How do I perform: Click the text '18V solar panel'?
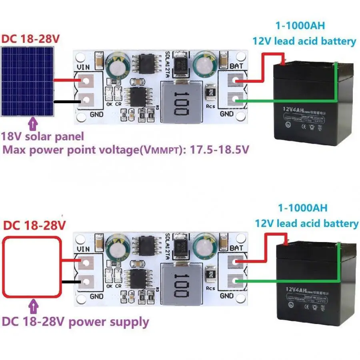coord(43,136)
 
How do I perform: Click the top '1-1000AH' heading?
coord(300,26)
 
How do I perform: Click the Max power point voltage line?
coord(126,150)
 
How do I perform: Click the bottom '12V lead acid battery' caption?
coord(306,223)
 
